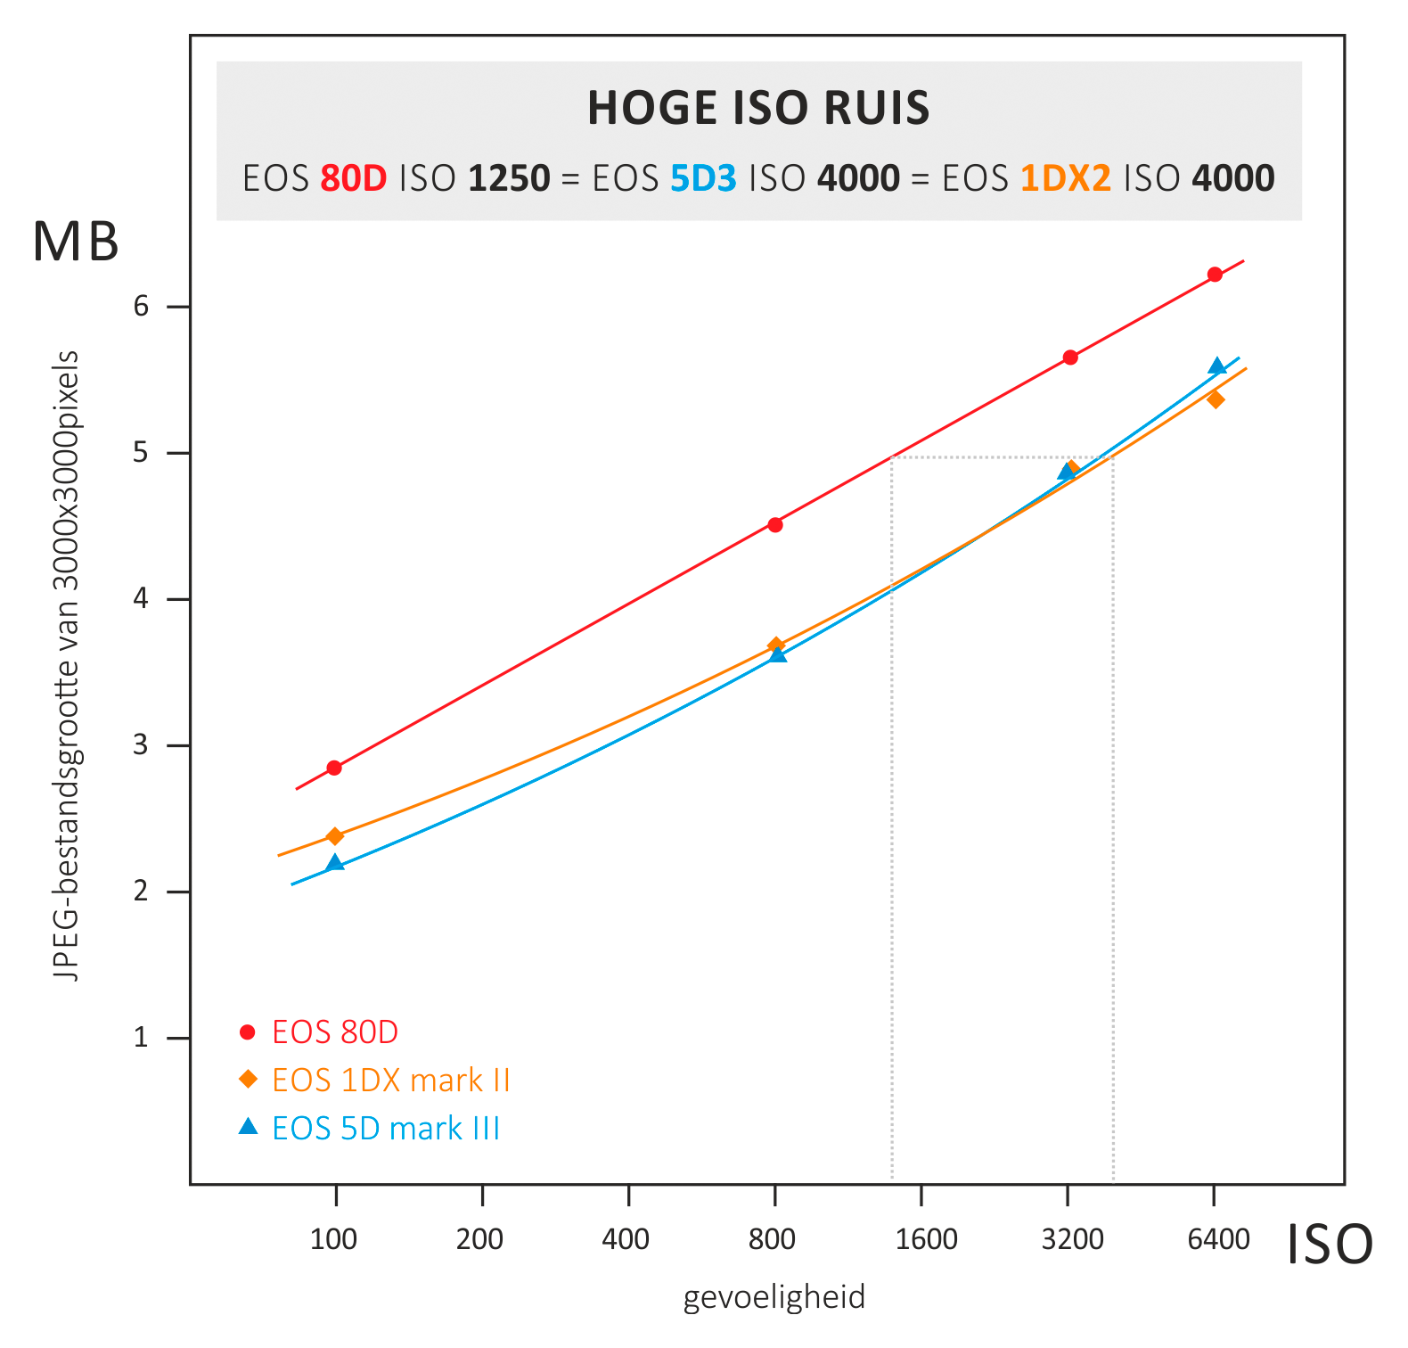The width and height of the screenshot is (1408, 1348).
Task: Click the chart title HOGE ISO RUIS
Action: pos(758,109)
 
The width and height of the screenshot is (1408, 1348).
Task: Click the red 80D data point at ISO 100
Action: pos(334,768)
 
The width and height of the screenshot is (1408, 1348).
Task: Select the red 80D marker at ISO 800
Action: pos(775,524)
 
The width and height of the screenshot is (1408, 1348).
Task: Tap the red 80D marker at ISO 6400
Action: pos(1215,275)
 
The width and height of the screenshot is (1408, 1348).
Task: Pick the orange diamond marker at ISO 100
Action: pos(335,836)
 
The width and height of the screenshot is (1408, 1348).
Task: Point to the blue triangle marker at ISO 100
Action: pos(335,863)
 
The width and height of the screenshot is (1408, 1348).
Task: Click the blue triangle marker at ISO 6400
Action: pos(1217,366)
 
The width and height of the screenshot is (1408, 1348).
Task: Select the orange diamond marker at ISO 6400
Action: pos(1216,399)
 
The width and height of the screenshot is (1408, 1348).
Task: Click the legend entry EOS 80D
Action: pos(334,1032)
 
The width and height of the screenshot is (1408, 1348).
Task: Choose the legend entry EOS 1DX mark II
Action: pos(390,1081)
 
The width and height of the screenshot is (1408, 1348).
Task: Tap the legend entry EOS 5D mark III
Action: pos(385,1129)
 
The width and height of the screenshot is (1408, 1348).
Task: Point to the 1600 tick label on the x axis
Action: pos(926,1239)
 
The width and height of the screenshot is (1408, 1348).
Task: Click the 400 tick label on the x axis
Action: pos(626,1239)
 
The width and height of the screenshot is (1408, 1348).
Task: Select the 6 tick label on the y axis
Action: pos(142,307)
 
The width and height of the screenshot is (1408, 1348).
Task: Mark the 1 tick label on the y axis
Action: pos(142,1038)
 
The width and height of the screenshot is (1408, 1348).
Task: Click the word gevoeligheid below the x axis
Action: pos(774,1297)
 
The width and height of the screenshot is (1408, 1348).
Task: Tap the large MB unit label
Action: pos(76,242)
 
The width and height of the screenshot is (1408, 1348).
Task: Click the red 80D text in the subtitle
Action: pos(354,179)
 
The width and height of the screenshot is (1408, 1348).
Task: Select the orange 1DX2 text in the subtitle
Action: pos(1065,179)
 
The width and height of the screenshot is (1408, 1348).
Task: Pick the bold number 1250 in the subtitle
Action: pos(509,179)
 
